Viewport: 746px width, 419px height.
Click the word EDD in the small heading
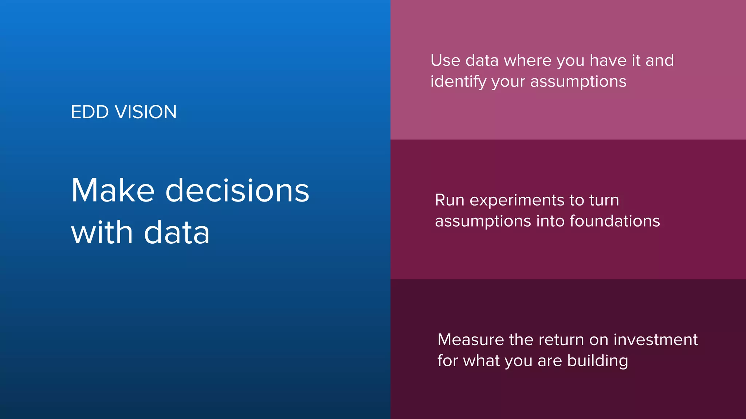tap(90, 112)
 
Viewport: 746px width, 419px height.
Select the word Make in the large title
tap(113, 191)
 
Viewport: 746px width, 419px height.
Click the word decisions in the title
tap(237, 191)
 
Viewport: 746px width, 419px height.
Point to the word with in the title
tap(102, 233)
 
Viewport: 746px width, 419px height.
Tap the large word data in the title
tap(177, 233)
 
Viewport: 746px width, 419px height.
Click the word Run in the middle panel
tap(449, 200)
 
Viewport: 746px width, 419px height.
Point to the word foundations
tap(615, 221)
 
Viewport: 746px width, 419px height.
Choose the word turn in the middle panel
tap(604, 200)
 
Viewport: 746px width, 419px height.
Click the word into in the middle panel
tap(550, 221)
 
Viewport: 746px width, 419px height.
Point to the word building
tap(597, 361)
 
